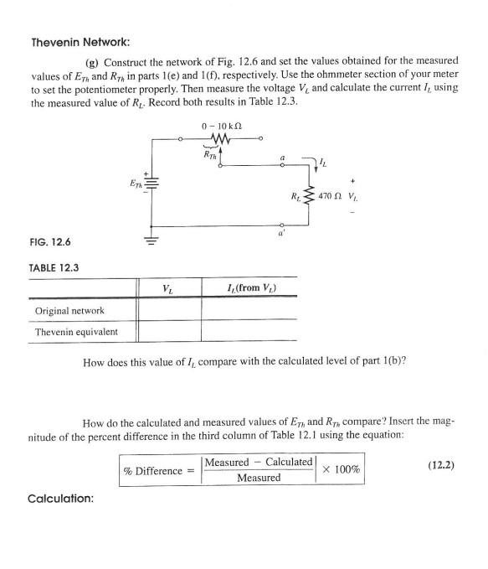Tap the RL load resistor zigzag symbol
tap(311, 198)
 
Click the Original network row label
tap(69, 311)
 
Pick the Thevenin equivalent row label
tap(76, 332)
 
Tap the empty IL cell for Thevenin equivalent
tap(249, 332)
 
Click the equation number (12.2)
tap(435, 464)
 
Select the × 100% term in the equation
tap(341, 470)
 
